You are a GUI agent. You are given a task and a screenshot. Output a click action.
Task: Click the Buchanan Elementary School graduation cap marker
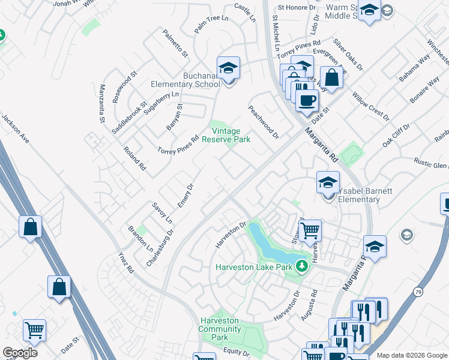(x=228, y=69)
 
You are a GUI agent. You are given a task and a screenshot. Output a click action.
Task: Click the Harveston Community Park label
(x=220, y=329)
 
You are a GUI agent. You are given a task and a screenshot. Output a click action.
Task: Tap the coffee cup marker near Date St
(x=307, y=100)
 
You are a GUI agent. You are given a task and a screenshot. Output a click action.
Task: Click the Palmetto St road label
(x=174, y=44)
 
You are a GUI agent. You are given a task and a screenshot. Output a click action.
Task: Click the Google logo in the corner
(x=20, y=353)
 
